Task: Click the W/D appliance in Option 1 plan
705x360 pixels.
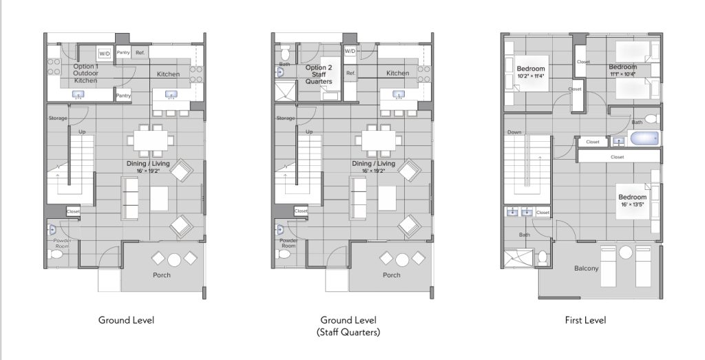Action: click(x=105, y=54)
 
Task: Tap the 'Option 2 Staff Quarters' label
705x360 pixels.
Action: click(x=319, y=74)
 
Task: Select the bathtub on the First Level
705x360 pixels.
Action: click(x=644, y=138)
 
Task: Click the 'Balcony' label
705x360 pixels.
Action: click(x=587, y=268)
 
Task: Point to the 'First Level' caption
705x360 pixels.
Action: click(x=585, y=320)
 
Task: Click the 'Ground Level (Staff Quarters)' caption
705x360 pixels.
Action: click(x=348, y=326)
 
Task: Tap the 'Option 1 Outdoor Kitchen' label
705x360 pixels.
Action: click(x=85, y=73)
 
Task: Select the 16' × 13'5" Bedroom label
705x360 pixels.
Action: click(x=632, y=200)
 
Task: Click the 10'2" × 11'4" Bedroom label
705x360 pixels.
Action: click(x=531, y=72)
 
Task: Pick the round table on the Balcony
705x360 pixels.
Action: click(x=625, y=252)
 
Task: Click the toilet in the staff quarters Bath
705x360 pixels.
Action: click(x=284, y=54)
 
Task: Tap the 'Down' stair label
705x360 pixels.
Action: click(x=514, y=132)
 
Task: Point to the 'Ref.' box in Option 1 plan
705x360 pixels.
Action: click(x=140, y=52)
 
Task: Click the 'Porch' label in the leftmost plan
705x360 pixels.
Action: click(x=161, y=275)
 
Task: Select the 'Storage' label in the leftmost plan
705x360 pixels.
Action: click(x=58, y=118)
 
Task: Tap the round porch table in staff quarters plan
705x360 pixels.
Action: click(x=402, y=260)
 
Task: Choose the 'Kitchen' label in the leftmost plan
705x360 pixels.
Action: click(x=168, y=74)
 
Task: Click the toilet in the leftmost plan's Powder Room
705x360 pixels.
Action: click(x=56, y=255)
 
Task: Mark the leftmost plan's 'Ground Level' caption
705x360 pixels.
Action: click(x=127, y=320)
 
